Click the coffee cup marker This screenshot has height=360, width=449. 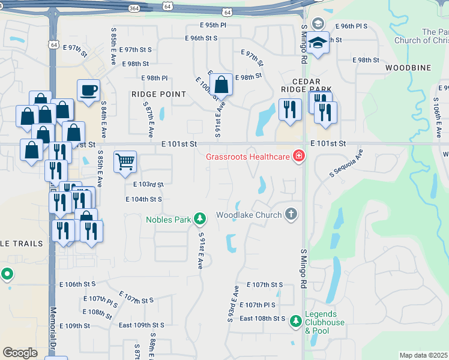(89, 91)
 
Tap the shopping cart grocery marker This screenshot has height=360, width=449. (125, 161)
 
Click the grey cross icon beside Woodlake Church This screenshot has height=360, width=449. (291, 214)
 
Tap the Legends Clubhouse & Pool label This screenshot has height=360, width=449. (325, 322)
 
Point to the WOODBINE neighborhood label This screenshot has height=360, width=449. (408, 68)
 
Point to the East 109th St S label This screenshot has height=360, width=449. (141, 325)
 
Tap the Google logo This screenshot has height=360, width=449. (20, 352)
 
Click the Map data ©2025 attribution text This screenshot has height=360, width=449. (424, 355)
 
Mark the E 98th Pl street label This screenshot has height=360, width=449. (154, 78)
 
